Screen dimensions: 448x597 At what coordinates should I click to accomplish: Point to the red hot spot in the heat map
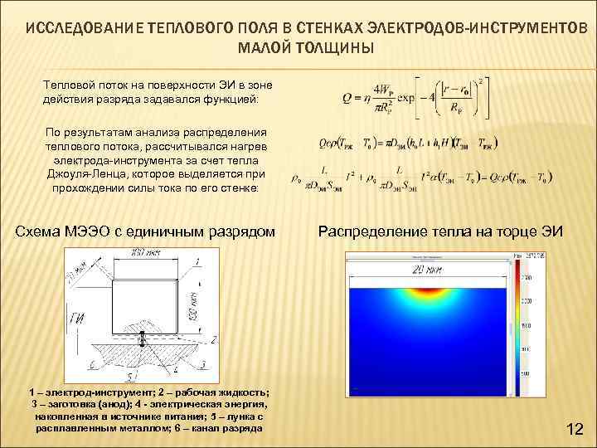430,291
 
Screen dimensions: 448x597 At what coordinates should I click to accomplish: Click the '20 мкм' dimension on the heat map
429,270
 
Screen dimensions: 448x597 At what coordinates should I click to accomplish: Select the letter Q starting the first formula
347,99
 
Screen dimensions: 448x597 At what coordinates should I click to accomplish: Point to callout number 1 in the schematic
197,262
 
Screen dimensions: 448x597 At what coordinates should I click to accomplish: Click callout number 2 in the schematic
213,339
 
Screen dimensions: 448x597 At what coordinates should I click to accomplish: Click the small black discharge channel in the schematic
142,338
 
